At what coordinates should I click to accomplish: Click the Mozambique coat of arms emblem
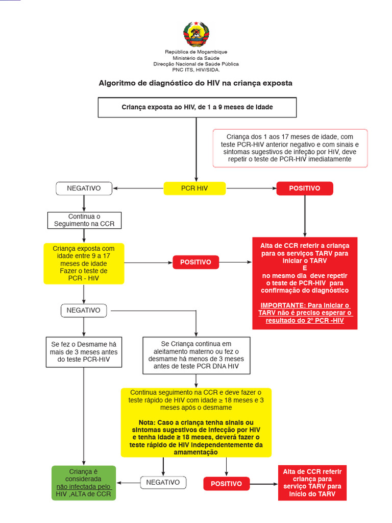tap(196, 34)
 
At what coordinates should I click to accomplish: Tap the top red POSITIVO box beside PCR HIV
tap(305, 188)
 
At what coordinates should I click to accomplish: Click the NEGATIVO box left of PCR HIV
tap(84, 188)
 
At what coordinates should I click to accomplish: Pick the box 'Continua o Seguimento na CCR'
tap(84, 220)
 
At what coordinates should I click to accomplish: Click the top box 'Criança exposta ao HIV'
tap(197, 107)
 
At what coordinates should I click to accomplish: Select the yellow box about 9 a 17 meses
tap(84, 263)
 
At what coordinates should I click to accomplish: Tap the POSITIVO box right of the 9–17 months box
tap(195, 262)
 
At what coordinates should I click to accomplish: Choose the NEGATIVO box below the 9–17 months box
tap(84, 310)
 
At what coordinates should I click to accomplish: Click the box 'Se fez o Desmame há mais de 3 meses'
tap(84, 352)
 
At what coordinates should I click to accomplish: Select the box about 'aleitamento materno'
tap(197, 355)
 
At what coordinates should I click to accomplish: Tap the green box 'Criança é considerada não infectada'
tap(84, 483)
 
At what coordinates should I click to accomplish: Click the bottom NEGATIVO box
tap(163, 482)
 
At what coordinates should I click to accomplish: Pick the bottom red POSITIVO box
tap(226, 483)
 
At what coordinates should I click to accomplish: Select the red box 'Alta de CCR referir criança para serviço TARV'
tap(312, 483)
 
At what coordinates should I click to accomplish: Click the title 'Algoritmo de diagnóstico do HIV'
tap(195, 83)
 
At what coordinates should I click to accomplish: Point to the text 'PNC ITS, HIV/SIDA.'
tap(196, 70)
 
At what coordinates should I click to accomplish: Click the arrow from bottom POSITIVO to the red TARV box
tap(263, 483)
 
